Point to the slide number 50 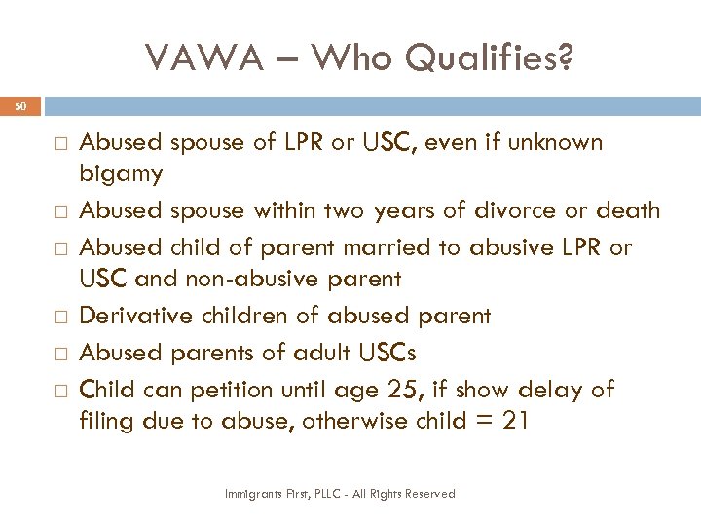[21, 105]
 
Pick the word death [628, 210]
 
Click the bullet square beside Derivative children [60, 317]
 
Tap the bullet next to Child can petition [60, 391]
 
